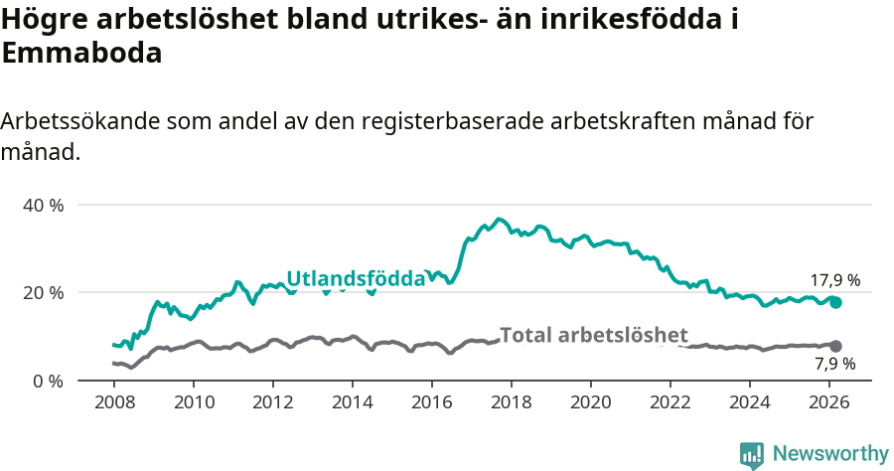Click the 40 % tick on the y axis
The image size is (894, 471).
(x=43, y=205)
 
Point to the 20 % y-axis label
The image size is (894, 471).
(x=43, y=292)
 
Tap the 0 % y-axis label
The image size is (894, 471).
(x=48, y=381)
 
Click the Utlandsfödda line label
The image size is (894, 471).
(x=356, y=279)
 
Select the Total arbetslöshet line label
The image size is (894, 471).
(x=593, y=335)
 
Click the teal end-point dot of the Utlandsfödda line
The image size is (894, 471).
(x=835, y=302)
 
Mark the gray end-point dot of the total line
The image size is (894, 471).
(x=835, y=346)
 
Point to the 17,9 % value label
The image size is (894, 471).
(x=834, y=280)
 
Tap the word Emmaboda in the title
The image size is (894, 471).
(x=81, y=55)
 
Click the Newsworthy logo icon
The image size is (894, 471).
(x=752, y=454)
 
